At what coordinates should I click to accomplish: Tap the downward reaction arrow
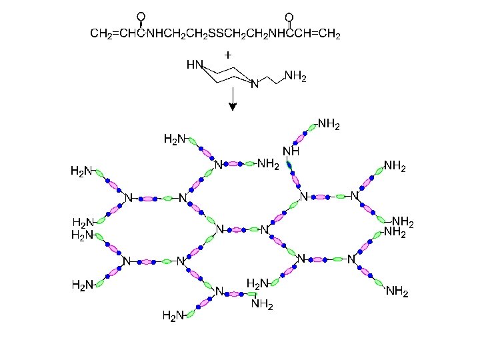232,101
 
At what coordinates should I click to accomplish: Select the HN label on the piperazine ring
194,65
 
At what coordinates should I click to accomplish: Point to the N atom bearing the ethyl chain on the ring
253,85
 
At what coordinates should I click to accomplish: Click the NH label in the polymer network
291,151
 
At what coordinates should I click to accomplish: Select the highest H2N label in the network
175,139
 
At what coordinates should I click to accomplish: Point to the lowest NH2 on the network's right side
397,291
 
